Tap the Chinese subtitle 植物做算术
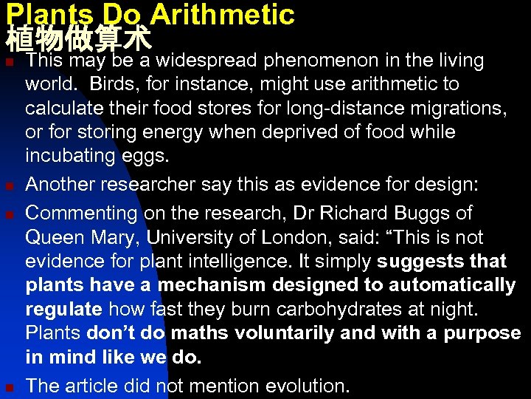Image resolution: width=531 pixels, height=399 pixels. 77,37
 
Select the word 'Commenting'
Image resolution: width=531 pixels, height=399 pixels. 81,214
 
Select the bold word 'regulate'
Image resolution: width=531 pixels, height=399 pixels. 63,310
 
